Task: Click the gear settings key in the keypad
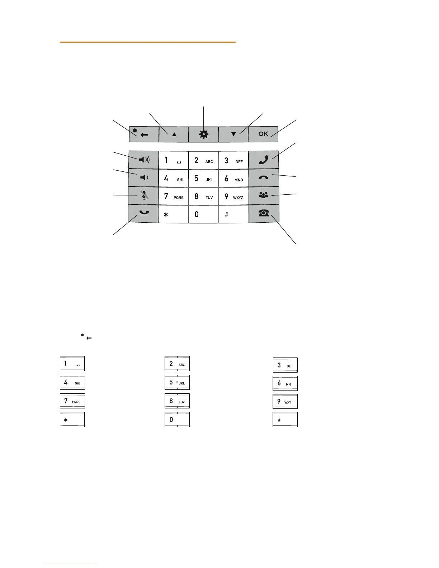click(x=203, y=134)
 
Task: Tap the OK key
click(x=263, y=134)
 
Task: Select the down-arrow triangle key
click(x=233, y=134)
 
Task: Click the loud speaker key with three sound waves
click(x=143, y=160)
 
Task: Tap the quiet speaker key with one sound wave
click(x=143, y=177)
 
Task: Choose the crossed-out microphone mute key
click(x=143, y=195)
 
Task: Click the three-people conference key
click(x=263, y=195)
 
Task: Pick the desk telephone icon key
click(x=263, y=213)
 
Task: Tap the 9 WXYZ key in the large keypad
click(x=233, y=196)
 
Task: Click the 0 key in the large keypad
click(x=203, y=214)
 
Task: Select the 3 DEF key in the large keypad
click(x=233, y=160)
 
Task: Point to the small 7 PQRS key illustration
click(x=72, y=401)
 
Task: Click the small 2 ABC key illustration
click(x=177, y=364)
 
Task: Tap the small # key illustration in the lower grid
click(x=285, y=420)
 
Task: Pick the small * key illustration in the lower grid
click(x=72, y=420)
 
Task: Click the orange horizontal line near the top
click(x=147, y=42)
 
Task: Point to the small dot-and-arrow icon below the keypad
click(x=86, y=337)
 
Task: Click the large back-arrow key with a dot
click(x=143, y=134)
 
